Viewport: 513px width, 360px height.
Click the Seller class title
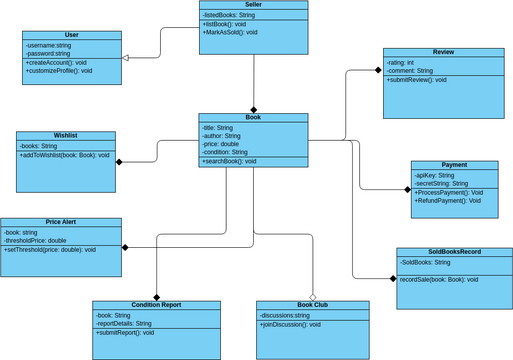point(253,5)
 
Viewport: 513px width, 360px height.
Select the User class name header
point(71,34)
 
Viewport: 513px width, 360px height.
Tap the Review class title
point(443,51)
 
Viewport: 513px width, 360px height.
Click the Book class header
point(253,117)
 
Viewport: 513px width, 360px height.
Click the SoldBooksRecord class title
point(454,252)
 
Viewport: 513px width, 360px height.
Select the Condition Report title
point(157,304)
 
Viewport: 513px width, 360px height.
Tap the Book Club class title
point(312,304)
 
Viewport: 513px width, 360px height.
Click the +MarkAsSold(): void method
point(230,32)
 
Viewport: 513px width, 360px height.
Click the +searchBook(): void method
point(229,161)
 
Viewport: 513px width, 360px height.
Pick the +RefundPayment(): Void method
point(449,201)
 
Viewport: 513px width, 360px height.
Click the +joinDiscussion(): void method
point(291,325)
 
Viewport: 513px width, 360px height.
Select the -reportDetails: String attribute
point(124,324)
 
